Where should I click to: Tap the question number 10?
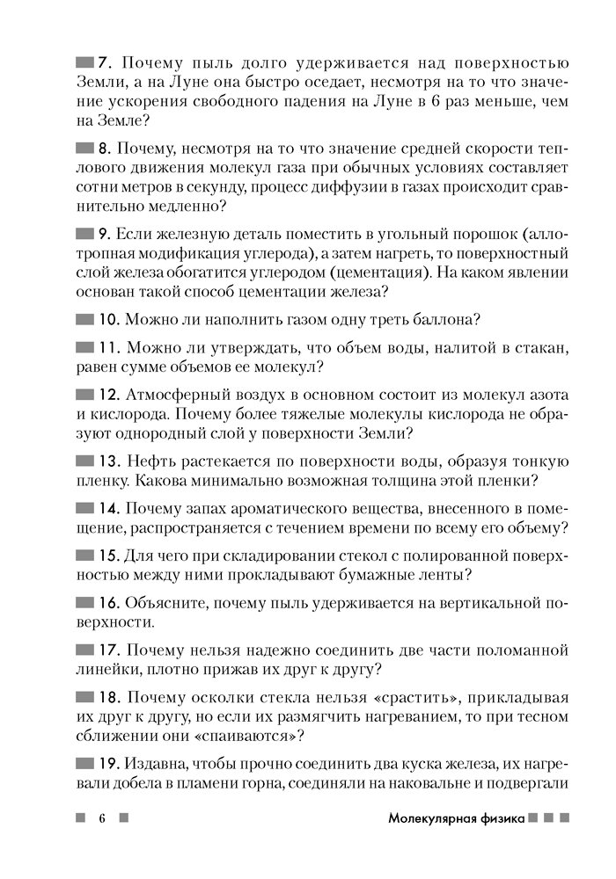(108, 318)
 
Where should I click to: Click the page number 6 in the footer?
(102, 818)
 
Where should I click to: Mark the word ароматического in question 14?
(280, 508)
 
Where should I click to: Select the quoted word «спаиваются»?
(249, 737)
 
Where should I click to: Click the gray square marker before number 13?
(85, 461)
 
